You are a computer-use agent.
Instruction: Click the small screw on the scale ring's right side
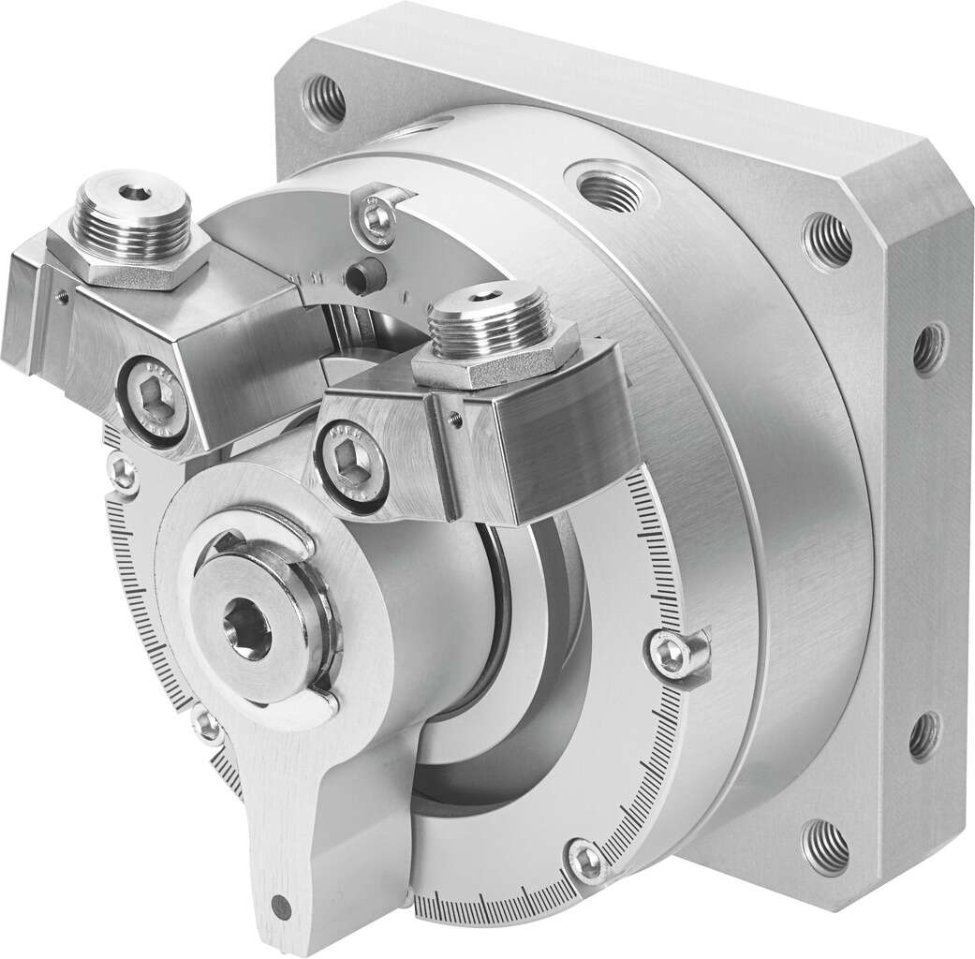click(x=668, y=653)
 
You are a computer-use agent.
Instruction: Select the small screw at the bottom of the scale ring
click(x=587, y=861)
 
